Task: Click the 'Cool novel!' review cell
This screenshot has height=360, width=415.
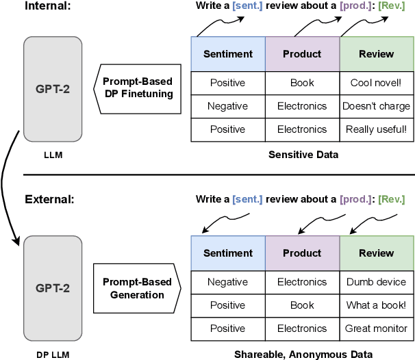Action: pos(377,83)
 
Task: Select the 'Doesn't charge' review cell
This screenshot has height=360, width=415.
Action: pos(377,106)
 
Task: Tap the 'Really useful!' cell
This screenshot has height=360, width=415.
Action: pos(377,129)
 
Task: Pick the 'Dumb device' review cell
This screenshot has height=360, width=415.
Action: pos(377,281)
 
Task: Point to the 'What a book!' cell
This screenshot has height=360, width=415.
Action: pos(377,305)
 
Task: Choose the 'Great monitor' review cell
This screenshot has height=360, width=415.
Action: pos(377,329)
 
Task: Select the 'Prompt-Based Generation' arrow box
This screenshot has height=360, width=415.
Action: pos(135,289)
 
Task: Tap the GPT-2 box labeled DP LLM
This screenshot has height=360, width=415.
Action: pos(53,289)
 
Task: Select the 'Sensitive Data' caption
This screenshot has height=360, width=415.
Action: pos(303,155)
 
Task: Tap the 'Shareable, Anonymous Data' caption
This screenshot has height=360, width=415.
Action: pos(303,354)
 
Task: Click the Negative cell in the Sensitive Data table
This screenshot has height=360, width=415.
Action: pos(228,106)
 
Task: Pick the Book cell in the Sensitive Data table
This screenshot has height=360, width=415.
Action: pos(302,83)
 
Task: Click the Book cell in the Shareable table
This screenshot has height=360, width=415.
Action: pos(302,305)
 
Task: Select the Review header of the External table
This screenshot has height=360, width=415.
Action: pos(377,253)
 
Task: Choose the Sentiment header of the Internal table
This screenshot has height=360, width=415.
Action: pos(228,53)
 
